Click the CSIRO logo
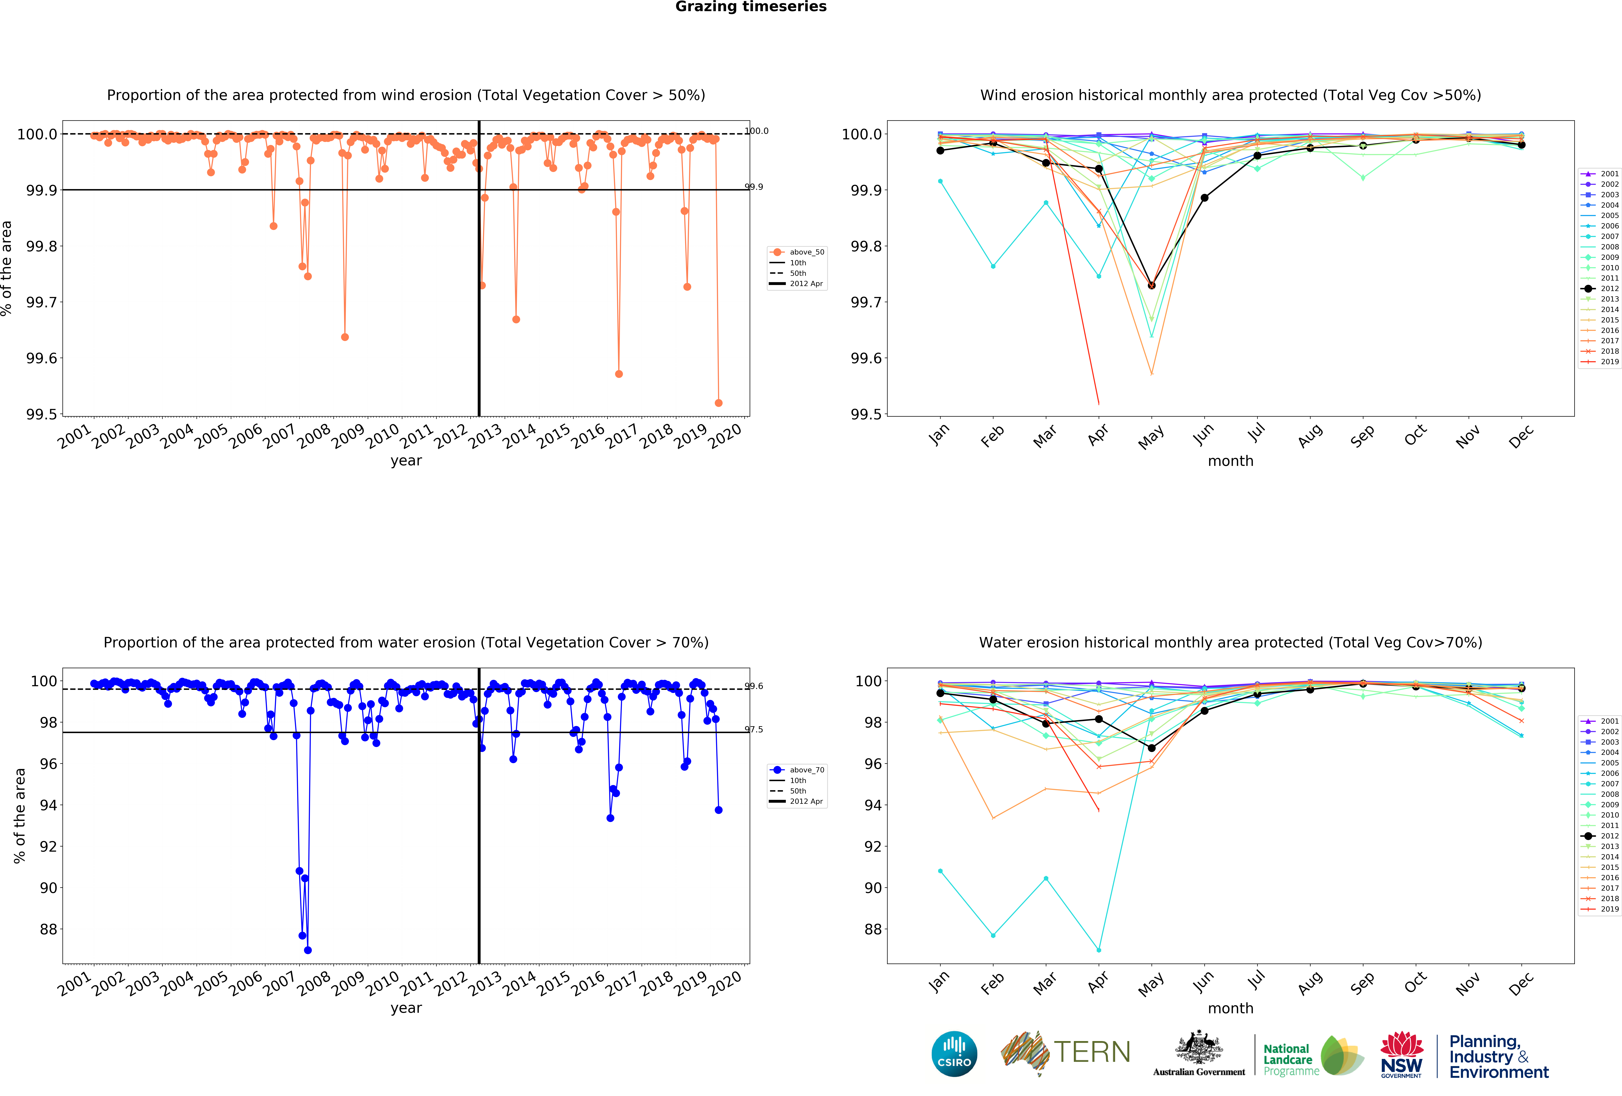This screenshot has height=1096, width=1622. [954, 1053]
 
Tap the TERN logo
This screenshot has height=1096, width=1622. [1066, 1052]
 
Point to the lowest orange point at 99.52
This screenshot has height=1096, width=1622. [718, 403]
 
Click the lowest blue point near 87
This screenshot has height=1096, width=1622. [308, 950]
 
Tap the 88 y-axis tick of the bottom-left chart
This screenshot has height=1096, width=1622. [48, 929]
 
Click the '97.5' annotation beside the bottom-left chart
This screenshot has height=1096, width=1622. [754, 729]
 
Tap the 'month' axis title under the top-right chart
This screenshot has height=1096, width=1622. [1230, 461]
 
